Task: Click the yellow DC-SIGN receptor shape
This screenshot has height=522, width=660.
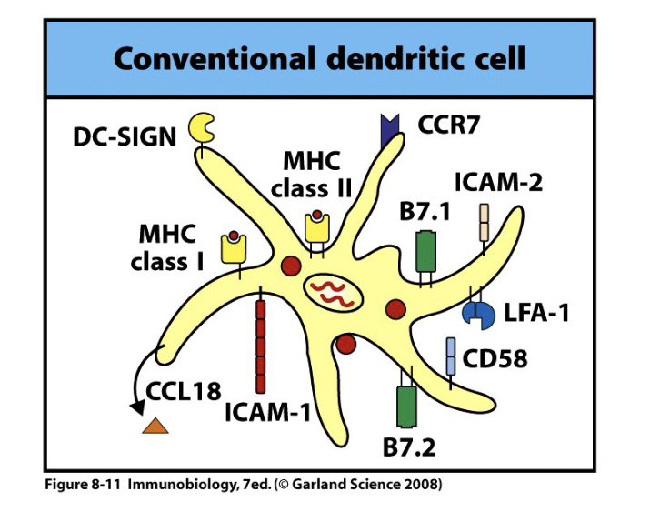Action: (x=200, y=127)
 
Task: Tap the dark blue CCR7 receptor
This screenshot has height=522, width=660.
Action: (x=389, y=131)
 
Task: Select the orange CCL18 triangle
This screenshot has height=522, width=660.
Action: (x=155, y=426)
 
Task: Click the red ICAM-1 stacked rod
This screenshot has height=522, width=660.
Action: (x=261, y=346)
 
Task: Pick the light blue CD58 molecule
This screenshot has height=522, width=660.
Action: (x=451, y=356)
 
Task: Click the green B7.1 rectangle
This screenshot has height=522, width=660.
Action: (x=425, y=251)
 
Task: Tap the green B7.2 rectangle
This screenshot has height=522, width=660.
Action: (x=406, y=407)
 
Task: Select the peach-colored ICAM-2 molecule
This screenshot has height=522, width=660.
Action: (x=484, y=222)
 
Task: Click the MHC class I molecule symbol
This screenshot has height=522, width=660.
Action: (x=234, y=247)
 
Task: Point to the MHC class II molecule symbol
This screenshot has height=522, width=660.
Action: (x=317, y=226)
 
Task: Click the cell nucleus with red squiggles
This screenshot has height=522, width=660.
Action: (x=333, y=293)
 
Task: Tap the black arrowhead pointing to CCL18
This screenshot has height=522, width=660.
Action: (x=137, y=407)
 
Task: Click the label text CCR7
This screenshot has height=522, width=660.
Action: (x=449, y=125)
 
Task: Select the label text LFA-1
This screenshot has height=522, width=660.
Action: (x=536, y=313)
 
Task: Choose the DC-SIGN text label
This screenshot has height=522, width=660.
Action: (x=125, y=137)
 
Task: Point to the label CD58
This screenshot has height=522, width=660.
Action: (x=495, y=358)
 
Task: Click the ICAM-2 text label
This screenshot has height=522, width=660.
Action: (x=498, y=183)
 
